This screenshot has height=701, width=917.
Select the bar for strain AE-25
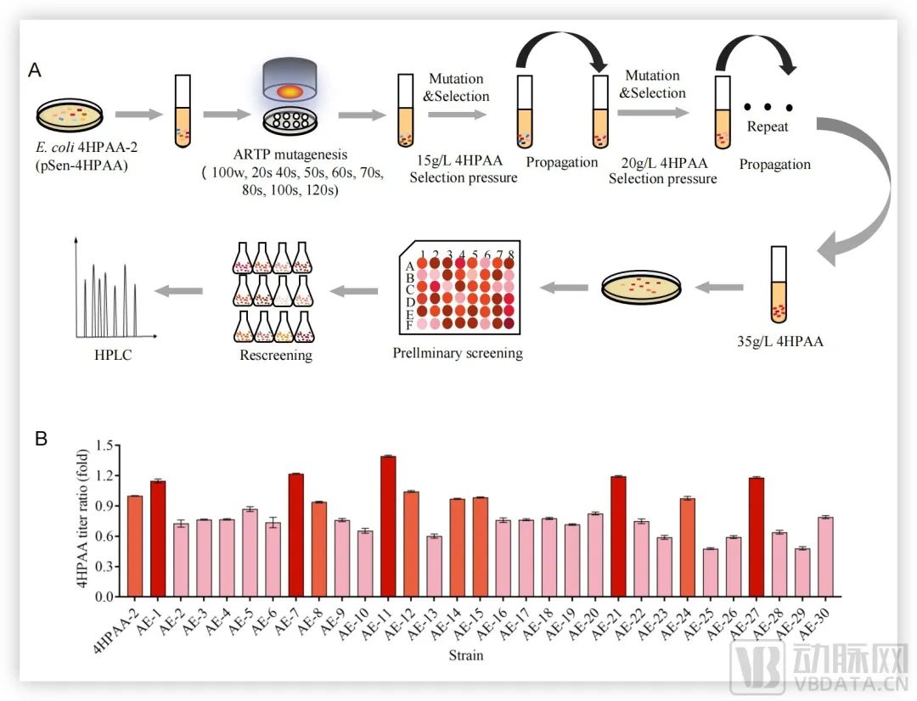709,573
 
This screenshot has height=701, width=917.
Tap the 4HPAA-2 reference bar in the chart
135,546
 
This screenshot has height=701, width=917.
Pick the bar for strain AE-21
618,536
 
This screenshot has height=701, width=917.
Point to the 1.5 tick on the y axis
104,445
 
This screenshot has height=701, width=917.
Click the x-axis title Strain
467,655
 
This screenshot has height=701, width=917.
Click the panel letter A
36,71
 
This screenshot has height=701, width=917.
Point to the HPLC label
109,353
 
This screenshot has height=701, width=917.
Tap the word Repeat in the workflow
768,127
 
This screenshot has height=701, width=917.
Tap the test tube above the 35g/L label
779,284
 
